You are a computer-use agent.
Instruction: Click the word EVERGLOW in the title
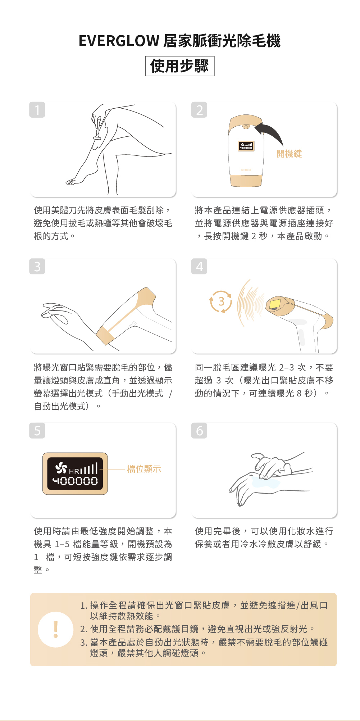pyautogui.click(x=119, y=41)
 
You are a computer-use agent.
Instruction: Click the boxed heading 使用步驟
pyautogui.click(x=180, y=66)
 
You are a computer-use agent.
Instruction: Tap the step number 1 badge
pyautogui.click(x=37, y=110)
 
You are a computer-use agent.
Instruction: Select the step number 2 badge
pyautogui.click(x=199, y=110)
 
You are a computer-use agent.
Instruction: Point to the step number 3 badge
pyautogui.click(x=37, y=266)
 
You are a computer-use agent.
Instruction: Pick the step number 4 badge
pyautogui.click(x=199, y=266)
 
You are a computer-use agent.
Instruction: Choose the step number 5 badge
pyautogui.click(x=37, y=430)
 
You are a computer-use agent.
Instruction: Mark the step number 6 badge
pyautogui.click(x=199, y=430)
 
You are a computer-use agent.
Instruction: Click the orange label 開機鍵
pyautogui.click(x=289, y=154)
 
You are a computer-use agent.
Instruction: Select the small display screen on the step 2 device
pyautogui.click(x=246, y=146)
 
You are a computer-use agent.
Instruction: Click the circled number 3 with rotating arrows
pyautogui.click(x=221, y=301)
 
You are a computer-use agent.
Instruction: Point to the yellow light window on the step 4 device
pyautogui.click(x=275, y=303)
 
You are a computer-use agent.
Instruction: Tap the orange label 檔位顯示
pyautogui.click(x=144, y=469)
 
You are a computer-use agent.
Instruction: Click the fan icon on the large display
pyautogui.click(x=61, y=468)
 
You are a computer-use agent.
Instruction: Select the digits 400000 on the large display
pyautogui.click(x=75, y=481)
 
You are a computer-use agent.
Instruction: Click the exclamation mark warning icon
pyautogui.click(x=56, y=630)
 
